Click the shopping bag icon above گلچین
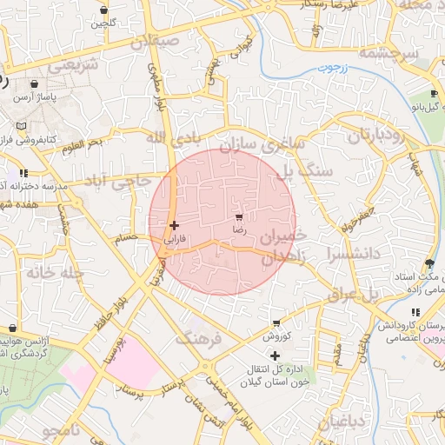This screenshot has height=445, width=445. tap(104, 10)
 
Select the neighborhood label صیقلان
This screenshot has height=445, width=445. tap(155, 41)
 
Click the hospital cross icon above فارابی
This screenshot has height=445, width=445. tap(175, 225)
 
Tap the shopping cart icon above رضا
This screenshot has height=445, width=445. tap(239, 216)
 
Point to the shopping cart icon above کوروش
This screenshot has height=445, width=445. tap(276, 322)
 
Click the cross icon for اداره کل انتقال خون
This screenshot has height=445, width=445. tap(276, 355)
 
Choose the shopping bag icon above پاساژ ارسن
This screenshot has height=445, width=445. tap(34, 85)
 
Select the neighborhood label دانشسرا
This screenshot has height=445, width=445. tap(351, 253)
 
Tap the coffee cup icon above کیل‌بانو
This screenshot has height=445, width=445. tap(435, 95)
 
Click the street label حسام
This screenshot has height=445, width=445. tap(127, 236)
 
